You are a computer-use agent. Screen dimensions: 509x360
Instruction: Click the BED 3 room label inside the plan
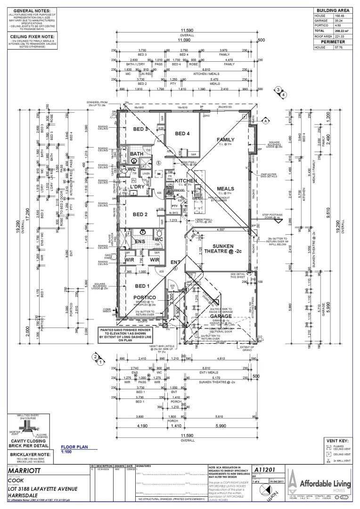(x=140, y=129)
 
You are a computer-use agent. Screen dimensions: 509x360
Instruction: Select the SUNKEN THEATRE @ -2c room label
(x=226, y=248)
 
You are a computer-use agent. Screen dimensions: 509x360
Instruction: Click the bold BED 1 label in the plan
(x=141, y=287)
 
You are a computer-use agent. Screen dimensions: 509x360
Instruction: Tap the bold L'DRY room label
(x=137, y=187)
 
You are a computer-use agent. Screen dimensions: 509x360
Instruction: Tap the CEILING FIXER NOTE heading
(x=32, y=37)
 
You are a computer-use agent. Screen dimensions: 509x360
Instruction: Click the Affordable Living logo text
(x=325, y=484)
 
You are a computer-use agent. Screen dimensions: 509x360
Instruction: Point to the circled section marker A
(x=265, y=121)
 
